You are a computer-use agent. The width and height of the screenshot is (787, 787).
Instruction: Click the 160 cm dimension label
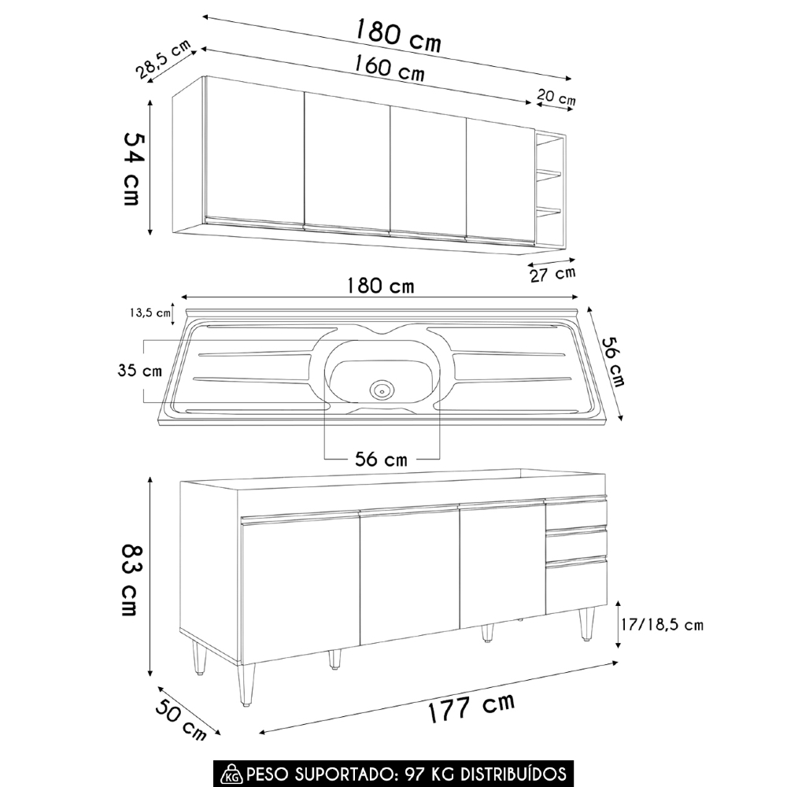tap(390, 68)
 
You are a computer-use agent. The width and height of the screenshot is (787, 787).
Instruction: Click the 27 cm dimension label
tap(553, 274)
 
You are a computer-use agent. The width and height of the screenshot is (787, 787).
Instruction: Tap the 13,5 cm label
tap(150, 313)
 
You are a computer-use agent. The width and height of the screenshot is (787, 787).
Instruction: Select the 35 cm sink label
tap(140, 371)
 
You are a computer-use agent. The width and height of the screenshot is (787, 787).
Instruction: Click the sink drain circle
tap(382, 389)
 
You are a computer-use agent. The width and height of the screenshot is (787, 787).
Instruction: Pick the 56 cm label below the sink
tap(381, 460)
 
